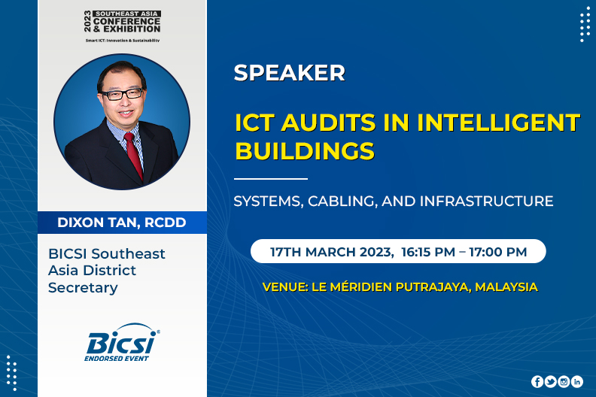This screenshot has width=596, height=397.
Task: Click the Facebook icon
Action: [x=537, y=381]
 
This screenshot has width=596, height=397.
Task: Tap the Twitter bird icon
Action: [x=550, y=381]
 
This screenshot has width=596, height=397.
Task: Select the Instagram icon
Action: [x=564, y=381]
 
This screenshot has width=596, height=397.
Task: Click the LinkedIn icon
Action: [x=576, y=381]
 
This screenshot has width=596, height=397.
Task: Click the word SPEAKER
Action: [x=289, y=73]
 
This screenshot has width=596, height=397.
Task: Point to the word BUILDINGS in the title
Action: [x=305, y=151]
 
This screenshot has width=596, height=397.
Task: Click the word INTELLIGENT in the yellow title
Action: [x=499, y=123]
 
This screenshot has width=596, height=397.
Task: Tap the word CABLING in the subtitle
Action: [x=342, y=202]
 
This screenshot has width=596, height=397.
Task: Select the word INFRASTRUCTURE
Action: [x=487, y=201]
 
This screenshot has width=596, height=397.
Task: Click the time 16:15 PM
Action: [x=428, y=252]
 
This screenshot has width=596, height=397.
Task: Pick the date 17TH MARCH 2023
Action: [x=330, y=252]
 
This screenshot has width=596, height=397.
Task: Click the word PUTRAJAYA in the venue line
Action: [x=433, y=286]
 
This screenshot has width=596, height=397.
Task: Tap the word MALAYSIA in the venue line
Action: [x=506, y=286]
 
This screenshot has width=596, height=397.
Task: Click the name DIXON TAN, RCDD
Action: [x=122, y=223]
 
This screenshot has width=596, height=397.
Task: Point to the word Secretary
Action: [x=83, y=287]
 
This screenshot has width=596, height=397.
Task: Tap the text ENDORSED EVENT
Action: [x=117, y=358]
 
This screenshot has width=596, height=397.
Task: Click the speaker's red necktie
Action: [x=133, y=154]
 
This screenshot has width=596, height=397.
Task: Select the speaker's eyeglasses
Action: [x=123, y=94]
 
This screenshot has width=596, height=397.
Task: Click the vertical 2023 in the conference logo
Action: [x=88, y=21]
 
